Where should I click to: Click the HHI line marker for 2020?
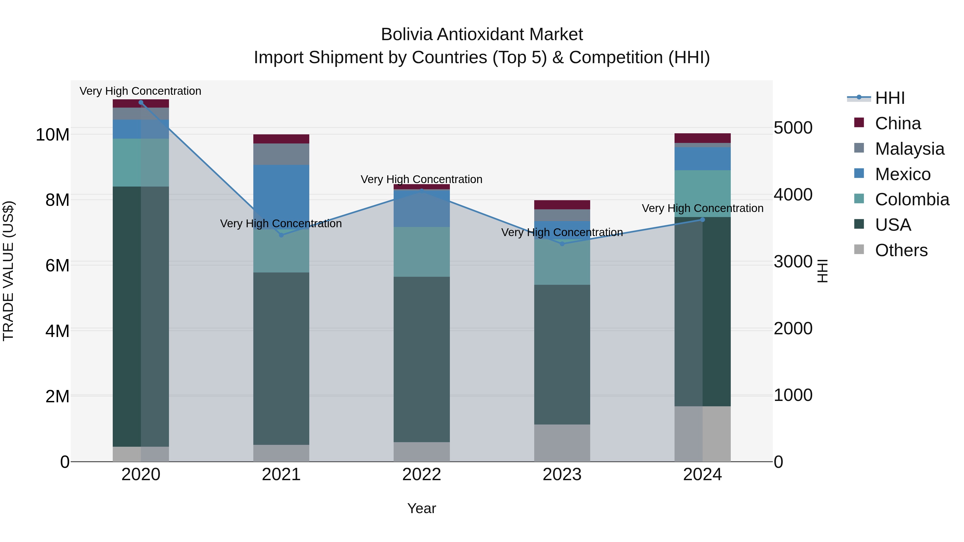[141, 103]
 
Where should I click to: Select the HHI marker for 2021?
[281, 235]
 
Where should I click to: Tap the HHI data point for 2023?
[562, 244]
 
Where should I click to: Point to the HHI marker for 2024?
[702, 220]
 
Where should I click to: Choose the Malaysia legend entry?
[909, 149]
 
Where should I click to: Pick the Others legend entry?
[901, 250]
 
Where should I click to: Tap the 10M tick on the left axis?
[52, 135]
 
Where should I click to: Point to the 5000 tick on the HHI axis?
[793, 128]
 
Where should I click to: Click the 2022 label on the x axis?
[422, 475]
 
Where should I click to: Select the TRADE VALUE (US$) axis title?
[8, 271]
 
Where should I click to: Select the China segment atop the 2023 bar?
[562, 204]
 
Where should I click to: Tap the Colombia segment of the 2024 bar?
[702, 194]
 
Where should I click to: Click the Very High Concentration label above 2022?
[421, 180]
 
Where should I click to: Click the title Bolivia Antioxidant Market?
[482, 35]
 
